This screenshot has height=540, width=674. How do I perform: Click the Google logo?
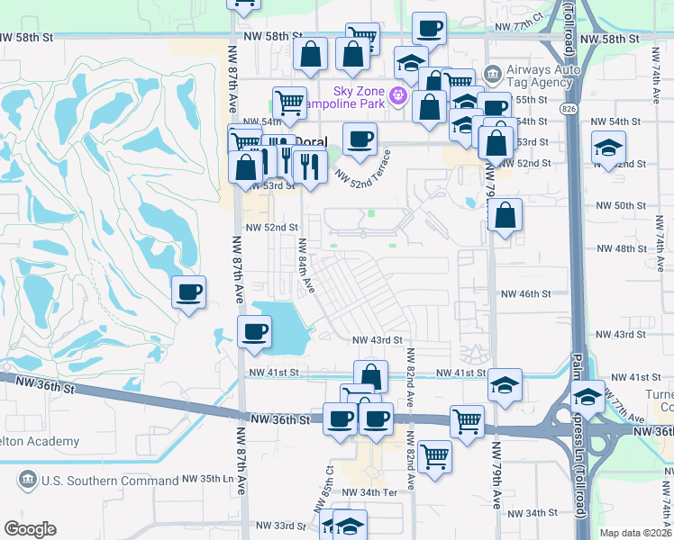coord(31,528)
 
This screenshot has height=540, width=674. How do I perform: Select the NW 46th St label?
coord(526,294)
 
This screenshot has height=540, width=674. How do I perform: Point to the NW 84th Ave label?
coord(306,265)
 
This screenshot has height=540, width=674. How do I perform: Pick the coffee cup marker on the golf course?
coord(189,292)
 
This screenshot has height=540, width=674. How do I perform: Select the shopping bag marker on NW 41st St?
coord(370,376)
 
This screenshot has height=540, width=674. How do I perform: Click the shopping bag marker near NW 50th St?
coord(505,216)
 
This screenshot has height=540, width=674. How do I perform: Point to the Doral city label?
coord(312,141)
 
